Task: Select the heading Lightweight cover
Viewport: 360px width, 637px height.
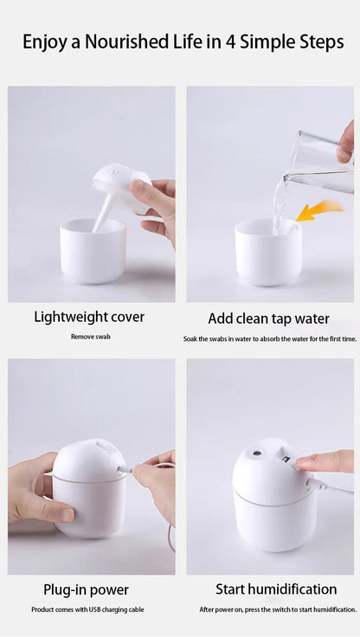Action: (x=89, y=317)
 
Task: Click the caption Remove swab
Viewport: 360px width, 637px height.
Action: (x=91, y=337)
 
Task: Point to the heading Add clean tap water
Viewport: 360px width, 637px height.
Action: (x=269, y=318)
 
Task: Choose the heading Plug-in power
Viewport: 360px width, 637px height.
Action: (x=87, y=589)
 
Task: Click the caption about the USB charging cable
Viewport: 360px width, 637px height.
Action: (x=87, y=610)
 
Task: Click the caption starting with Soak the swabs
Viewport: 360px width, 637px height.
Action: (x=270, y=338)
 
